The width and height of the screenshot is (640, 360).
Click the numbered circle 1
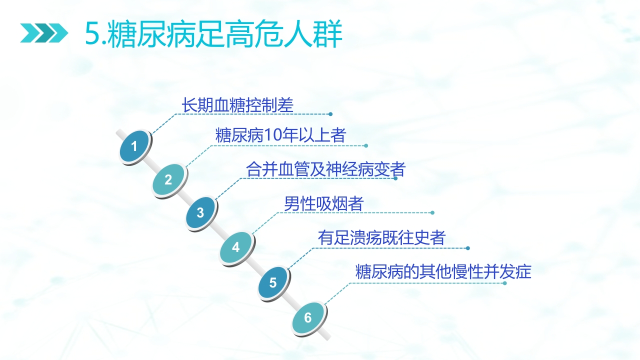click(x=134, y=146)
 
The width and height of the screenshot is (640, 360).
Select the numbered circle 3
click(x=200, y=213)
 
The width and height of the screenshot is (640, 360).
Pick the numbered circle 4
click(x=236, y=247)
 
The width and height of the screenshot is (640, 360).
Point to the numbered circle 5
click(x=273, y=282)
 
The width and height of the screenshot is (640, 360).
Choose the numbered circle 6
click(x=308, y=317)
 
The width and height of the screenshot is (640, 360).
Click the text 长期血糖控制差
click(x=237, y=105)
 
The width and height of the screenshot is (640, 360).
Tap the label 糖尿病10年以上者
click(x=280, y=135)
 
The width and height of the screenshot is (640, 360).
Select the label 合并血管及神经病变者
click(x=325, y=169)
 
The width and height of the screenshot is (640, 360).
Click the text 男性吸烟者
click(x=323, y=204)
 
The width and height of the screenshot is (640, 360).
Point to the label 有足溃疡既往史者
click(x=381, y=238)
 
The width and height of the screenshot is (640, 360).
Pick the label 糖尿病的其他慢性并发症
click(x=443, y=272)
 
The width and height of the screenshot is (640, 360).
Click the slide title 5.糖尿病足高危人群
click(x=213, y=34)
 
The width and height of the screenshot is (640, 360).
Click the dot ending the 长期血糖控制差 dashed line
click(x=330, y=114)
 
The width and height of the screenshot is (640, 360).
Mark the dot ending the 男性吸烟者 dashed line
click(x=432, y=212)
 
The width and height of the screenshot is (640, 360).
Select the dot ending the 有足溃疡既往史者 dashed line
click(x=467, y=248)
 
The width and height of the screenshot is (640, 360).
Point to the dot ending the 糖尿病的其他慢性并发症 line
click(x=505, y=283)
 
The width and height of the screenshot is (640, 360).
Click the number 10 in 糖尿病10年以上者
click(x=272, y=135)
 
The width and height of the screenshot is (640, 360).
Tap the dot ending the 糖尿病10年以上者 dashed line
click(x=366, y=146)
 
